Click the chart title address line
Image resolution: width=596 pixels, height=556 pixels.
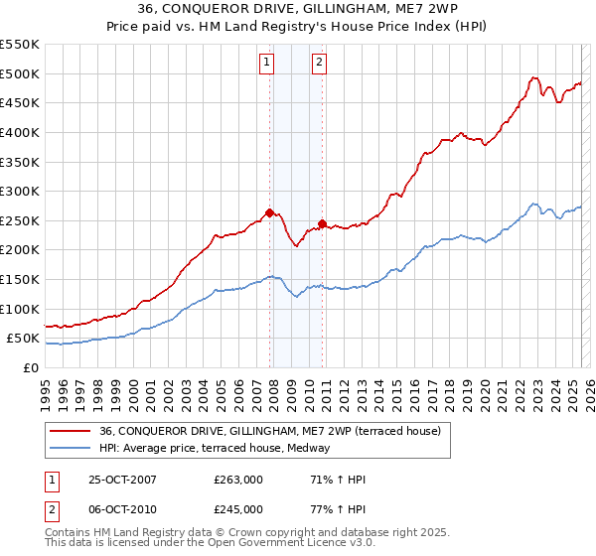(x=298, y=11)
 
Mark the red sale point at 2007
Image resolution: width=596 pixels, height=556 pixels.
(x=269, y=211)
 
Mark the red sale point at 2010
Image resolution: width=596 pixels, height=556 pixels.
(x=322, y=222)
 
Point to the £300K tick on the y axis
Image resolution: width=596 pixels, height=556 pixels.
(x=20, y=191)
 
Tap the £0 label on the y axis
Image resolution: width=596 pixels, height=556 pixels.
(x=31, y=367)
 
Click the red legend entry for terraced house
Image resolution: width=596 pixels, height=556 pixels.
(x=276, y=431)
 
